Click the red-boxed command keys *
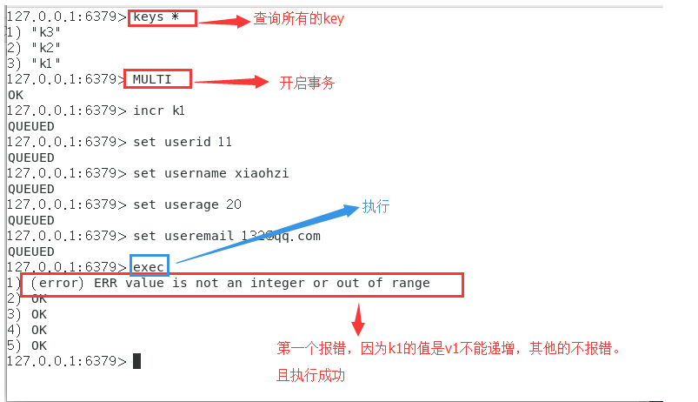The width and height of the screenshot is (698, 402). pos(163,17)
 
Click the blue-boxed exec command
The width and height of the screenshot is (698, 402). pos(150,266)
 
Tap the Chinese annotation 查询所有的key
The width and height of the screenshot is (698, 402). pos(298,19)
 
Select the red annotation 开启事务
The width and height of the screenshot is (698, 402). pos(307,83)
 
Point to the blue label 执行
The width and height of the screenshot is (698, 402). pos(376,207)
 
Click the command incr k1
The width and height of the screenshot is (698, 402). pos(159,111)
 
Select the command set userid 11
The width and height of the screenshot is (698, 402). pos(183,142)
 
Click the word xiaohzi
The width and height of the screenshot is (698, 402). pos(262,173)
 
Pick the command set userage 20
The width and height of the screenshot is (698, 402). pos(187,204)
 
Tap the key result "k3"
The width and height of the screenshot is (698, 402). pos(45,32)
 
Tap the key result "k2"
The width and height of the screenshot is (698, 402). pos(45,48)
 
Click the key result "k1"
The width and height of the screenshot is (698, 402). pos(45,64)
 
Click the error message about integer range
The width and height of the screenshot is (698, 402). pos(230,283)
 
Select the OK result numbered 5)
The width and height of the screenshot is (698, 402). pos(38,345)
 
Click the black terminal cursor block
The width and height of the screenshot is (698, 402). pos(136,361)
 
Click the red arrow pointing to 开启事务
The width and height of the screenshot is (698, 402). pos(230,83)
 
